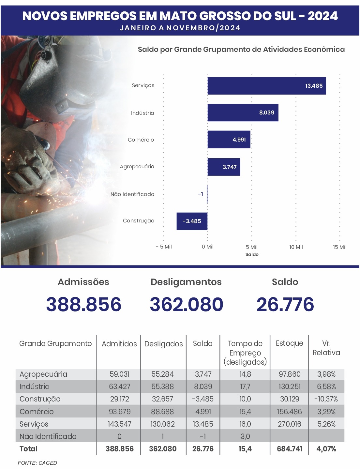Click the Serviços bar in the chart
pyautogui.click(x=267, y=86)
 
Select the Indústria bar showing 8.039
pyautogui.click(x=243, y=113)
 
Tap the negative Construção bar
pyautogui.click(x=192, y=221)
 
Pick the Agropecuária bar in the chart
pyautogui.click(x=224, y=167)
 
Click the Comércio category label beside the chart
pyautogui.click(x=141, y=140)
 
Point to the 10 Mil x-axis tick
pyautogui.click(x=296, y=247)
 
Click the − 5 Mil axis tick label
pyautogui.click(x=164, y=247)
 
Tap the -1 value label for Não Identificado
pyautogui.click(x=201, y=194)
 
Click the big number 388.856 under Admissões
pyautogui.click(x=84, y=304)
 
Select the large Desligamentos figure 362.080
pyautogui.click(x=187, y=304)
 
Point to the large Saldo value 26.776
pyautogui.click(x=285, y=304)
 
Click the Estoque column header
pyautogui.click(x=290, y=343)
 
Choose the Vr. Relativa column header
pyautogui.click(x=326, y=348)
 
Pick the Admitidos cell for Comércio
pyautogui.click(x=120, y=412)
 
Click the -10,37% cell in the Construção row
pyautogui.click(x=326, y=399)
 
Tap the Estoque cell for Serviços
pyautogui.click(x=290, y=424)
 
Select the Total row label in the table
pyautogui.click(x=28, y=449)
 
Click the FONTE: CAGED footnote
pyautogui.click(x=37, y=463)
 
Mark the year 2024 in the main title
pyautogui.click(x=323, y=16)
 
